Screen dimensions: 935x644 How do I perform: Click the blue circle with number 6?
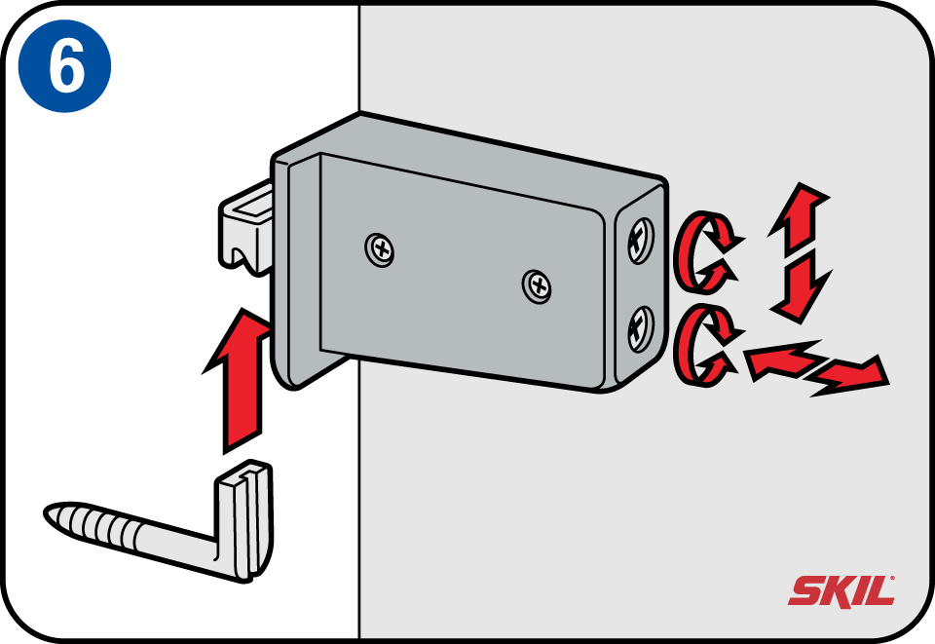[x=64, y=65]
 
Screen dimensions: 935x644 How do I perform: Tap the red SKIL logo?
[x=841, y=591]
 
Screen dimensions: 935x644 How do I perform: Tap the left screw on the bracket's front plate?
[x=380, y=249]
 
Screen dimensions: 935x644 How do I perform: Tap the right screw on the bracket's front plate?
[x=537, y=286]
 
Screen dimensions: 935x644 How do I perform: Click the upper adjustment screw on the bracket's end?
[x=641, y=241]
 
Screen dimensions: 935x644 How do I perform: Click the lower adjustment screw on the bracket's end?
[x=641, y=329]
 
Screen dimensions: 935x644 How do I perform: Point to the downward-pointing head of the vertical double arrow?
[x=800, y=290]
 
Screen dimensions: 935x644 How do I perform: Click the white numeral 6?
[x=66, y=65]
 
